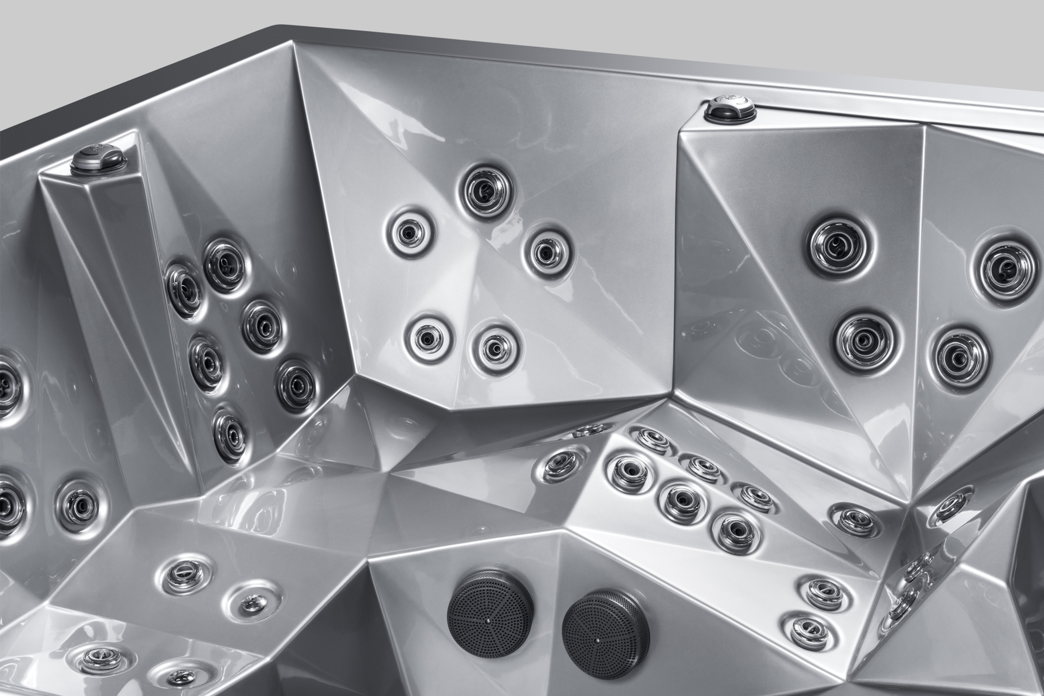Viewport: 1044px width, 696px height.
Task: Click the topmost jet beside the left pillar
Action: coord(225,265)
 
